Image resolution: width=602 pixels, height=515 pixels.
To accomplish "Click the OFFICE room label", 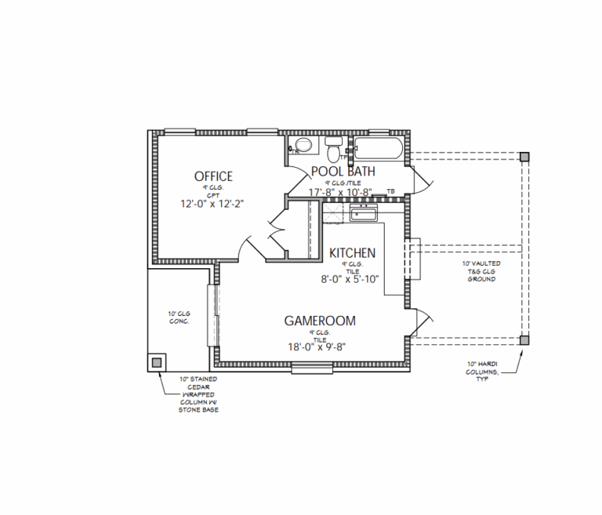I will coord(213,176).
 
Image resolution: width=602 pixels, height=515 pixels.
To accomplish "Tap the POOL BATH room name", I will coord(343,171).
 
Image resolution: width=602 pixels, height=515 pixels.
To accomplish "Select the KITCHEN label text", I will coord(352,253).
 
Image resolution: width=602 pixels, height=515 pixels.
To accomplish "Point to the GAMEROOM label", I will coord(320,321).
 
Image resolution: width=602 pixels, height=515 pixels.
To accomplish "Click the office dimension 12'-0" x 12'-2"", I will coord(213,203).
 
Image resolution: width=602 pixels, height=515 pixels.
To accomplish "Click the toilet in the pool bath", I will coord(334,147).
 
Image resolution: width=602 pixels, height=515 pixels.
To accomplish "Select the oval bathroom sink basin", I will coord(303,146).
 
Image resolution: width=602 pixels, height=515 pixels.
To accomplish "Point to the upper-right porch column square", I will coord(524,157).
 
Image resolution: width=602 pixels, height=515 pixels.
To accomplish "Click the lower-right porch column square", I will coord(524,340).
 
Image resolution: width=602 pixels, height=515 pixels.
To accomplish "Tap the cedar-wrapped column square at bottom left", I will coord(158,362).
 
